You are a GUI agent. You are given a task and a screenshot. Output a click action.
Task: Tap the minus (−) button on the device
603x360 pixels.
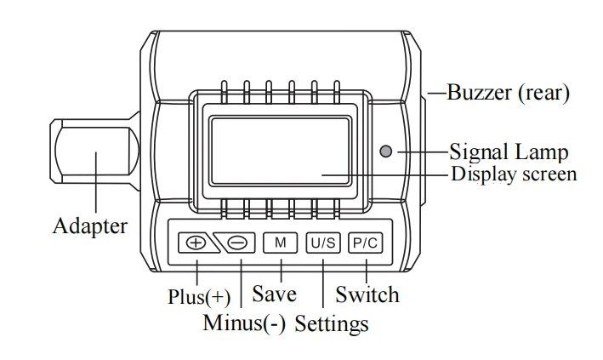click(236, 243)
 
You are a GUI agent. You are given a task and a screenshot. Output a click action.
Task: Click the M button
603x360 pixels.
click(280, 243)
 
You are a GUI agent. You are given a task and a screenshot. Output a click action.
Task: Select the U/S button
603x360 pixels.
click(323, 243)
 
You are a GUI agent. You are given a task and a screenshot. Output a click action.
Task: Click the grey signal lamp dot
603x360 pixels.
click(386, 151)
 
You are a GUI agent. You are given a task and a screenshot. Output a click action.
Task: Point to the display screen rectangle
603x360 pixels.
click(281, 151)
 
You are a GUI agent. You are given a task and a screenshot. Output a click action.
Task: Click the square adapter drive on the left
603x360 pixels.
click(94, 151)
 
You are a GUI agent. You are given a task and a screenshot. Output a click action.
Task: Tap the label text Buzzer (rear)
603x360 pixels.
click(508, 93)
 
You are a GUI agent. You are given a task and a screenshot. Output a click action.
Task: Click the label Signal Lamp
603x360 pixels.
click(509, 151)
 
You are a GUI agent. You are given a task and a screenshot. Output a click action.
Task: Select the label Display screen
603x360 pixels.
click(514, 174)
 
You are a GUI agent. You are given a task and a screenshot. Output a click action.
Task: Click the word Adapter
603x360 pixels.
click(90, 226)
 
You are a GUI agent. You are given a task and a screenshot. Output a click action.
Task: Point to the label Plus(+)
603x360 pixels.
click(199, 297)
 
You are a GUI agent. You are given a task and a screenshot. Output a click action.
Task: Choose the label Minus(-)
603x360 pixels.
click(244, 323)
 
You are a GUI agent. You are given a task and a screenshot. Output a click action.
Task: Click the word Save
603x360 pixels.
click(274, 294)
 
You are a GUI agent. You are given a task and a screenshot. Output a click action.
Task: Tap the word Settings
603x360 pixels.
click(332, 323)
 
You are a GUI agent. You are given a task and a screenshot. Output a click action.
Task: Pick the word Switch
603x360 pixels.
click(367, 294)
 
